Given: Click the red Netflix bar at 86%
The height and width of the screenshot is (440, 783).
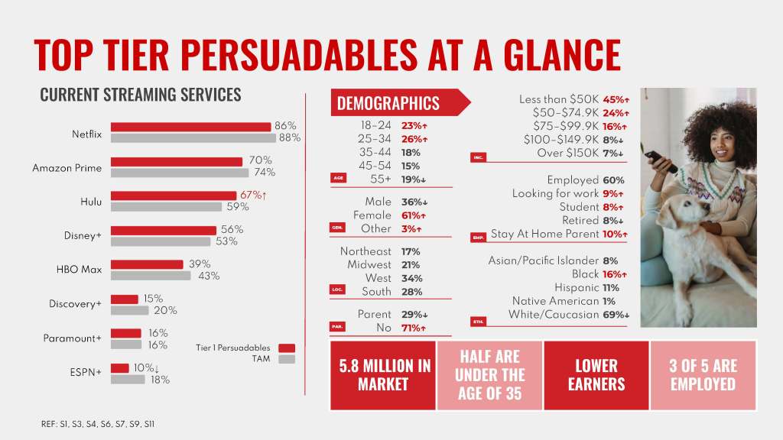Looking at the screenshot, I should click(190, 127).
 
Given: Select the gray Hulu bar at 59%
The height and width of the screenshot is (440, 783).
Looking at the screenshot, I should click(167, 206).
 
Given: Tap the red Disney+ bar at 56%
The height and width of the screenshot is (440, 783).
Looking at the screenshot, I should click(164, 230).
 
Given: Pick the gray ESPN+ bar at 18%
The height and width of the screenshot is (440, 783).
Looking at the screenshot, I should click(128, 380).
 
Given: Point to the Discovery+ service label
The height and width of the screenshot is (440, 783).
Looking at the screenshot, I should click(75, 304).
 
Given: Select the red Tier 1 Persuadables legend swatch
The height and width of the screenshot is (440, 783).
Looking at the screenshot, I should click(287, 348).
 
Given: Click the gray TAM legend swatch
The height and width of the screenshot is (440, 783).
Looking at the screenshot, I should click(287, 359).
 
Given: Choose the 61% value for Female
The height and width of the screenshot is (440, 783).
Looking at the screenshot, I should click(414, 215).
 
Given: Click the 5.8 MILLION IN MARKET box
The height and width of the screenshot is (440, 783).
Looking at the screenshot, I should click(383, 375).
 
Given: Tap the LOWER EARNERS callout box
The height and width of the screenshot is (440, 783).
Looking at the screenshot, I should click(596, 375).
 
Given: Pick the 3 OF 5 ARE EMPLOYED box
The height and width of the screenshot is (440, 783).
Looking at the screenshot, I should click(703, 375).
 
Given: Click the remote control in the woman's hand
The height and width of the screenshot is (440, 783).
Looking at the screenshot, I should click(659, 160).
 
